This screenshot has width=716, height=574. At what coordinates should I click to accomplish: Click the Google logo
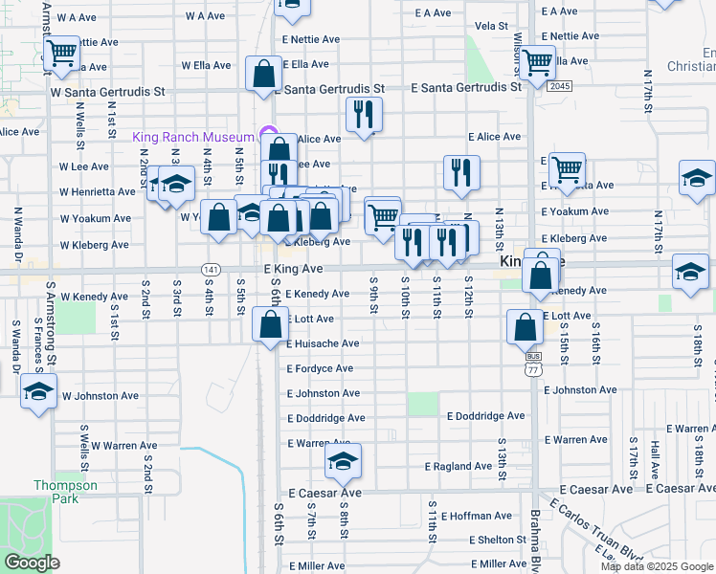(32, 563)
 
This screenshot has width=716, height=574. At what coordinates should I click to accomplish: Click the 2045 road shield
(560, 86)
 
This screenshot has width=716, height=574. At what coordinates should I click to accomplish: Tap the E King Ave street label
(292, 271)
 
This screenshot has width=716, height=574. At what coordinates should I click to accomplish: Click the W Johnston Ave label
(101, 394)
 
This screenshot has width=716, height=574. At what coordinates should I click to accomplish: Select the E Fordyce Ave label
(320, 368)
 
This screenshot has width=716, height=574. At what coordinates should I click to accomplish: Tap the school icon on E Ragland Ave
(343, 461)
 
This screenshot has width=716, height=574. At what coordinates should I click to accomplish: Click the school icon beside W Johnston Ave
(38, 392)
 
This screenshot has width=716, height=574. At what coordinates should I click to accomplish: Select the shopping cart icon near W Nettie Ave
(62, 52)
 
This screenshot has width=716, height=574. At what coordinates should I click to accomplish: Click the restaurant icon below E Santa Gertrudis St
(364, 115)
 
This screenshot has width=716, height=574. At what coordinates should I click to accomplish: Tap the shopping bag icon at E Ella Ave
(264, 74)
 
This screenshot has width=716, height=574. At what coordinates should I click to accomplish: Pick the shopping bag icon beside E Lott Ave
(525, 327)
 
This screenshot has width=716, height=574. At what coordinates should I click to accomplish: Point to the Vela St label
(490, 26)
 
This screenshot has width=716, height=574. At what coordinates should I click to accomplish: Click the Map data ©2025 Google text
(656, 566)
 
